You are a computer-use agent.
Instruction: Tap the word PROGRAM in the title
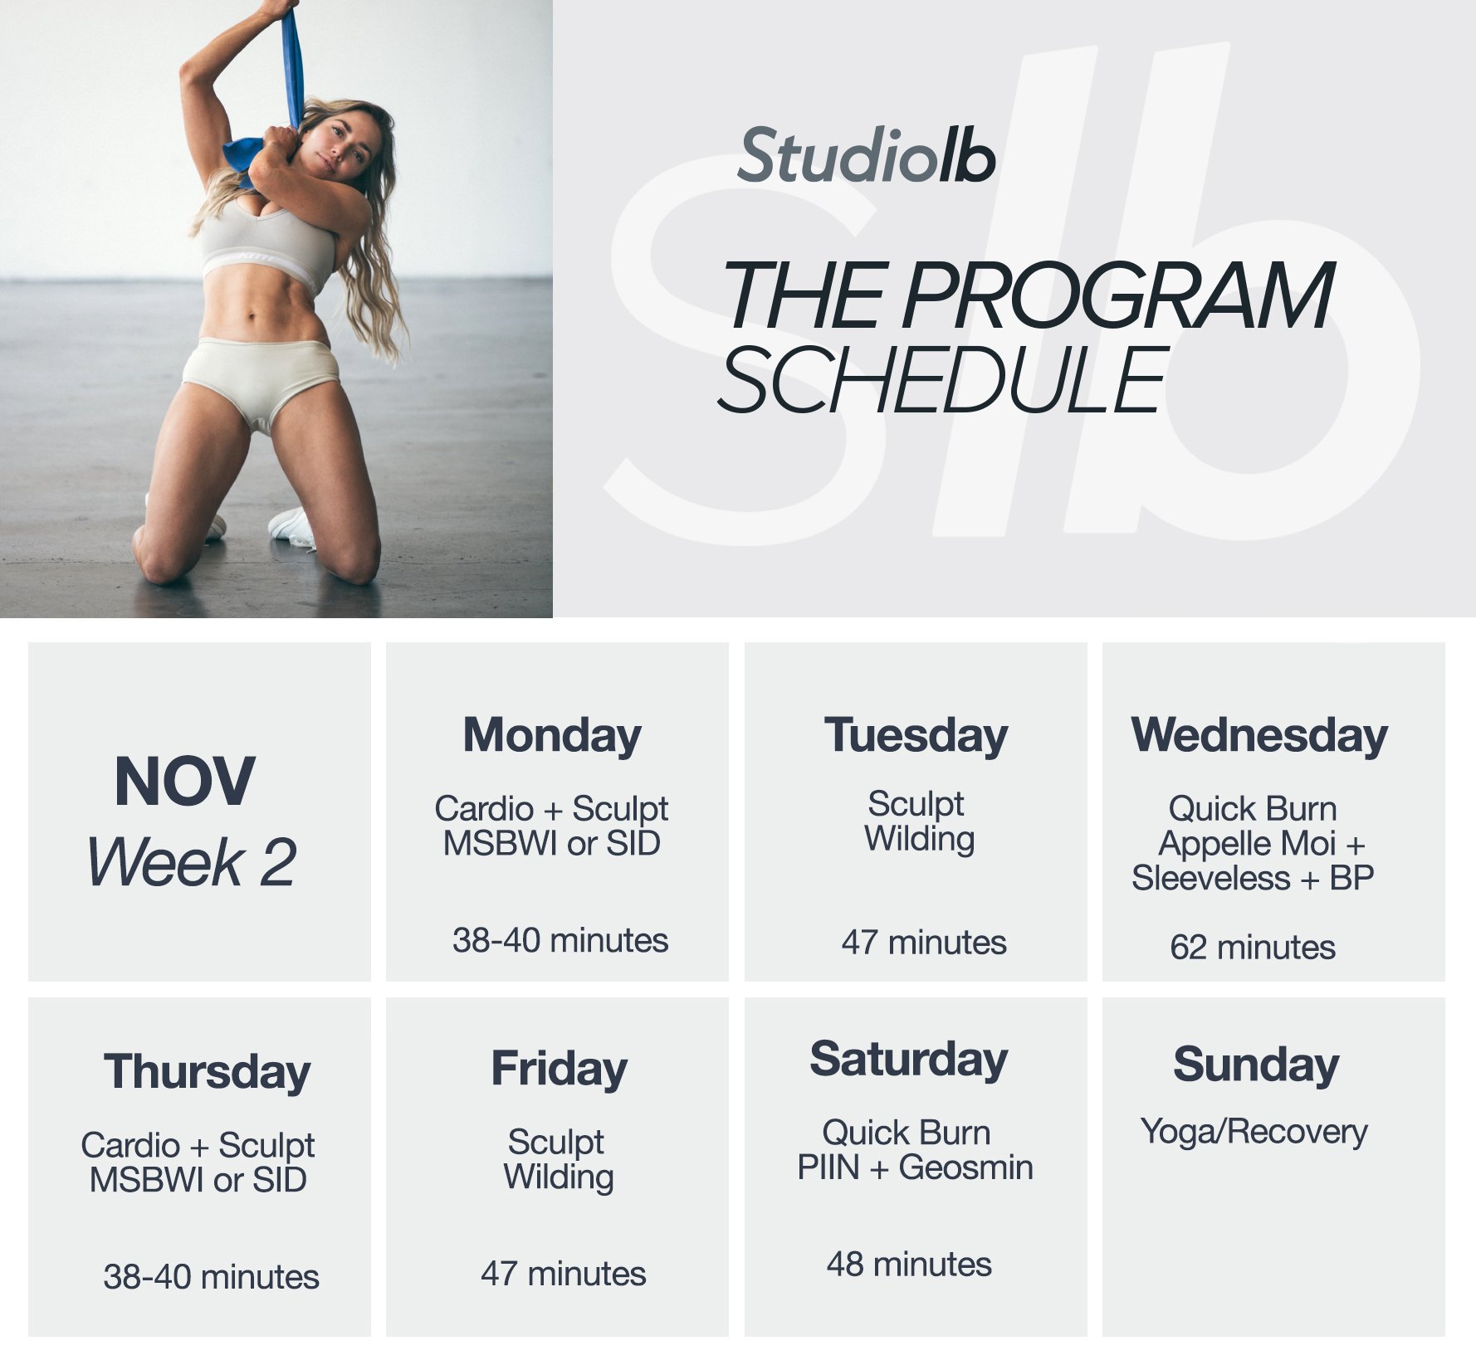click(1117, 296)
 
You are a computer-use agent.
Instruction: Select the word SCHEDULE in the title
click(942, 380)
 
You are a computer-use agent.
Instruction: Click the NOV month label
click(184, 782)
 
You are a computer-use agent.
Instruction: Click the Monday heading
click(552, 736)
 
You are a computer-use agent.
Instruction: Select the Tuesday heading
click(916, 736)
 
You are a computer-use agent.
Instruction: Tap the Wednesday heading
click(1259, 736)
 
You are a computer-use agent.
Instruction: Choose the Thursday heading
click(207, 1072)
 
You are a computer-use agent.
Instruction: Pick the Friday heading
click(559, 1069)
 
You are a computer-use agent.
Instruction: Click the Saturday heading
click(908, 1060)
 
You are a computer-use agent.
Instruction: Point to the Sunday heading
click(1255, 1065)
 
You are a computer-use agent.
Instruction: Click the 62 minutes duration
click(1252, 947)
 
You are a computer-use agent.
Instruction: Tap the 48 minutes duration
click(909, 1264)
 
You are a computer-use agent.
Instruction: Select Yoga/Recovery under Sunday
click(1254, 1132)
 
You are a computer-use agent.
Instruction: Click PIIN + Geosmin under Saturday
click(915, 1167)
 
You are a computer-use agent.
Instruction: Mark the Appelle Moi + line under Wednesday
click(1261, 843)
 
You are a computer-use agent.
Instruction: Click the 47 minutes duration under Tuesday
click(923, 942)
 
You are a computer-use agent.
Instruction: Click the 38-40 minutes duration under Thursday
click(211, 1276)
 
